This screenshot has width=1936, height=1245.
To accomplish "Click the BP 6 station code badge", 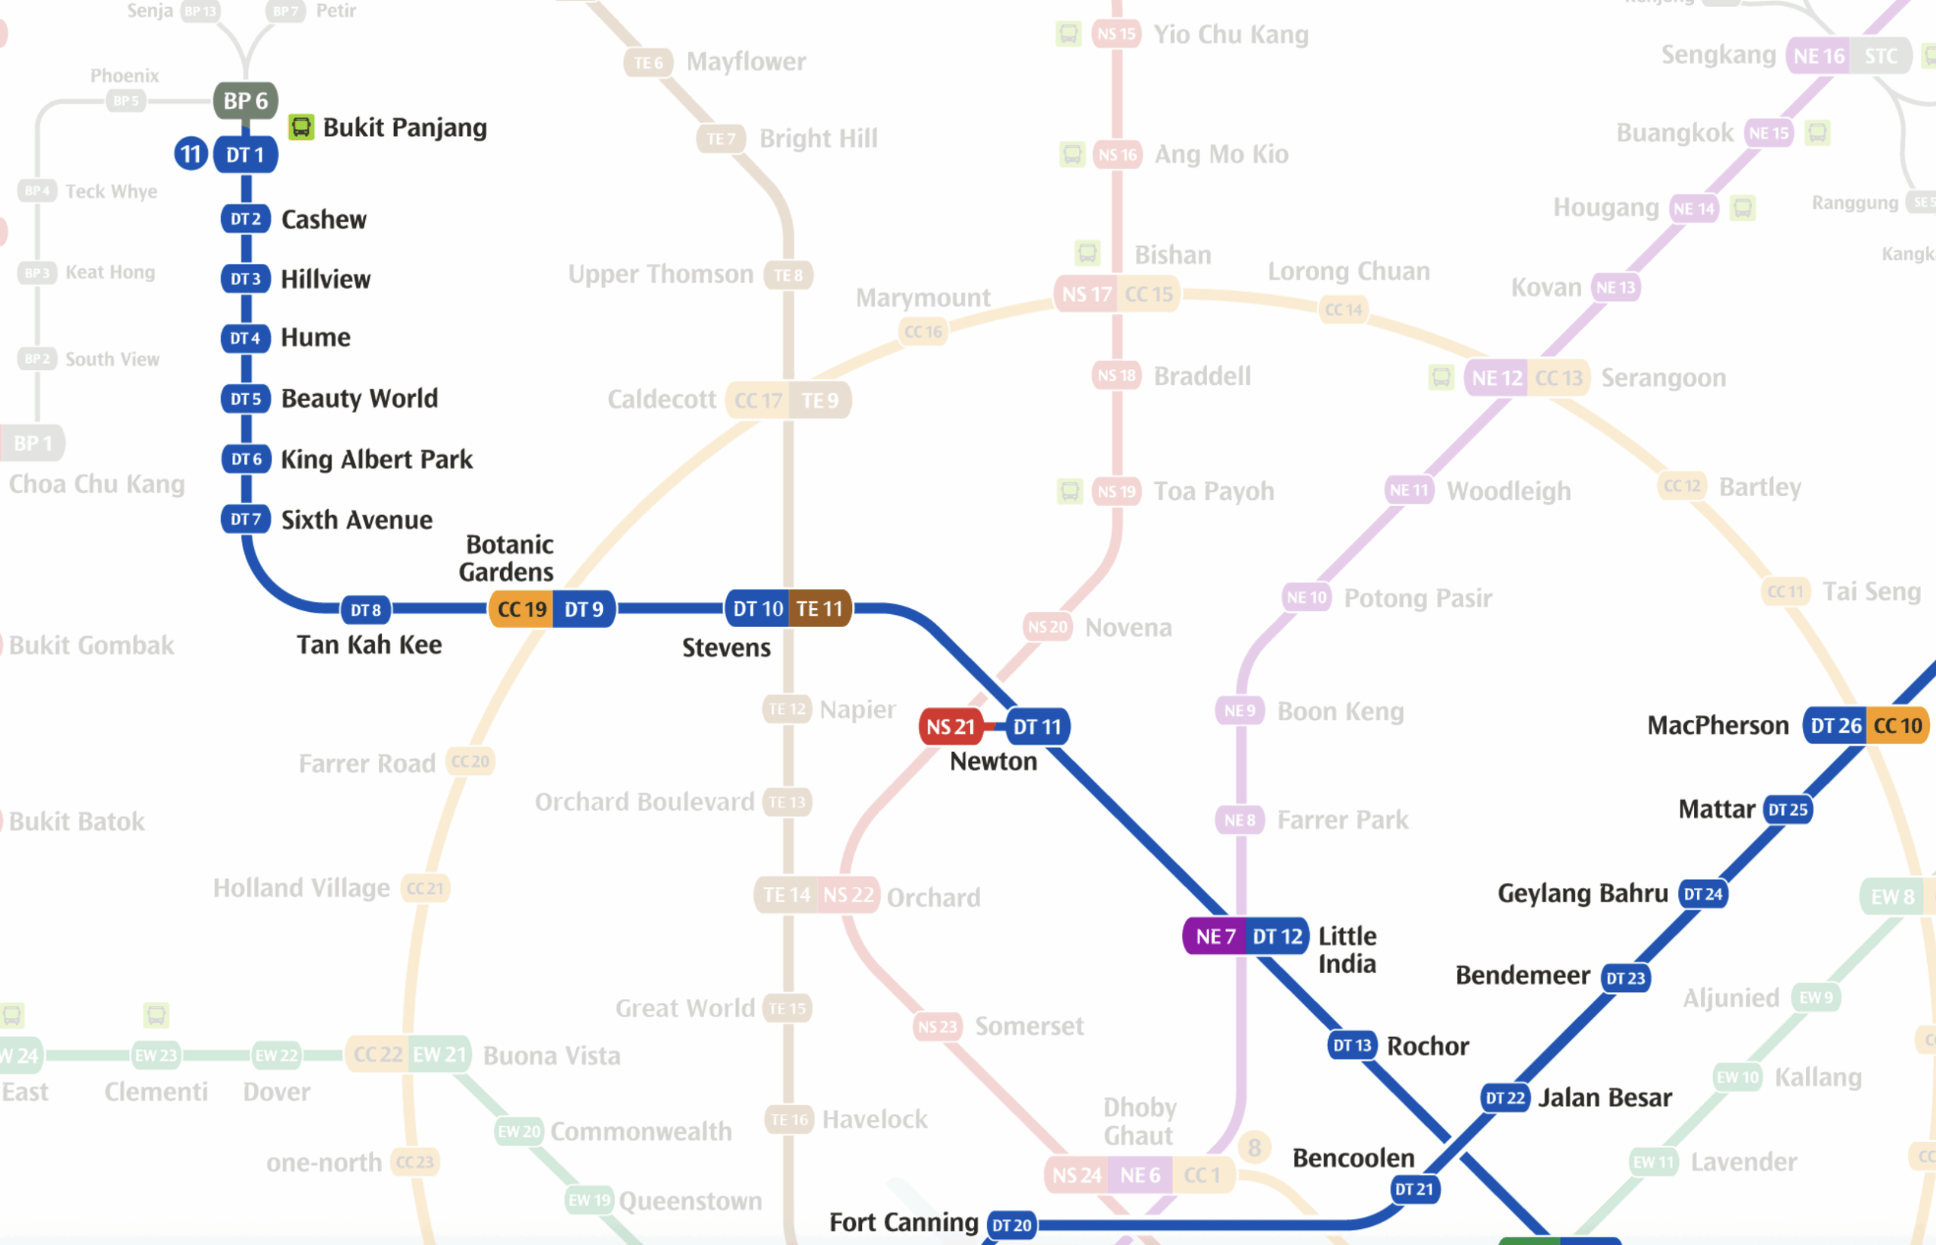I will click(x=246, y=101).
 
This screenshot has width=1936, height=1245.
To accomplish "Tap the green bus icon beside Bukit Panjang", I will click(x=301, y=127).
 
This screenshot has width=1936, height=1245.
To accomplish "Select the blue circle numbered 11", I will click(x=191, y=154).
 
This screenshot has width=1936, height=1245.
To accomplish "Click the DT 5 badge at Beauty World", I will click(x=246, y=399).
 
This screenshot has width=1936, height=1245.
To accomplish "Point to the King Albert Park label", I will click(x=376, y=459).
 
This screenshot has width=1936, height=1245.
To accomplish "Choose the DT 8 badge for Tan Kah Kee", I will click(x=365, y=610).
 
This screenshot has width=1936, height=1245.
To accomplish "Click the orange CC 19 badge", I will click(x=521, y=609).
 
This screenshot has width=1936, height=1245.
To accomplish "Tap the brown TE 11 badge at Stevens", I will click(x=819, y=608).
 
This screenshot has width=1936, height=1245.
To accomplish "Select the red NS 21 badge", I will click(x=950, y=726).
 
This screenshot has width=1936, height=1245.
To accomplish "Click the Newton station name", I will click(x=993, y=761).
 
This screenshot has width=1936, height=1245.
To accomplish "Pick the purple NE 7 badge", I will click(x=1215, y=936).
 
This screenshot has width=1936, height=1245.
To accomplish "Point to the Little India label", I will click(x=1347, y=949).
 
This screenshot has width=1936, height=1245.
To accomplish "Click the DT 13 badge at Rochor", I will click(x=1351, y=1045).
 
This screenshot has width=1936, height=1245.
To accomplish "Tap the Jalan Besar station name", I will click(x=1604, y=1097).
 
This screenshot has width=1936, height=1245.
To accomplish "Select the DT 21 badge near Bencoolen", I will click(x=1413, y=1188).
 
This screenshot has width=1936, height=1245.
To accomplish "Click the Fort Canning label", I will click(x=903, y=1222).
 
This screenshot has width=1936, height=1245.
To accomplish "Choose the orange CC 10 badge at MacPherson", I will click(x=1897, y=725).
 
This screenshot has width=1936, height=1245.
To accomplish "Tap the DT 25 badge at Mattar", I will click(x=1787, y=809).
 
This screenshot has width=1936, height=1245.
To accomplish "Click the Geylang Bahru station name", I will click(x=1582, y=893).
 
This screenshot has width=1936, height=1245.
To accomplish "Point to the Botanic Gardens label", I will click(x=507, y=557).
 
